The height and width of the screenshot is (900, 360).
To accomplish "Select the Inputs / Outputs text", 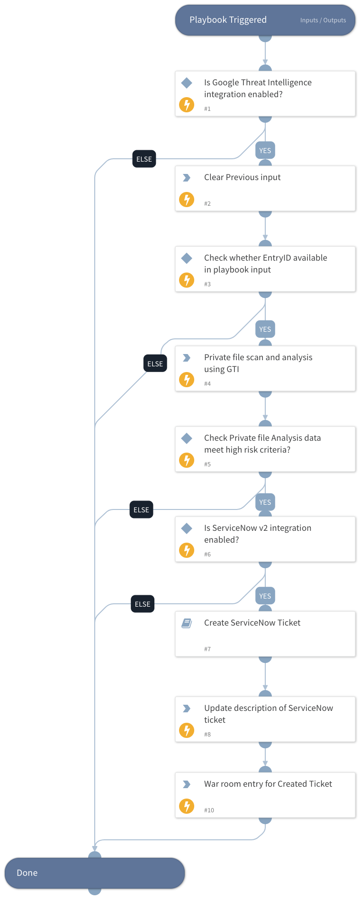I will click(x=323, y=20).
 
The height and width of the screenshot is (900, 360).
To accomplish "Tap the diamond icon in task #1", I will click(x=187, y=83).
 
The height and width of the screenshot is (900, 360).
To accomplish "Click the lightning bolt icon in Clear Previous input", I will click(x=187, y=200).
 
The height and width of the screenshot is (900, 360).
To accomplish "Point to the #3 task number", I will click(x=207, y=284).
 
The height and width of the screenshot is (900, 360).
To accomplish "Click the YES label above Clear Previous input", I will click(x=265, y=151).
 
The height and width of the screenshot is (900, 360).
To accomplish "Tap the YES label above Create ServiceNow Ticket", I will click(x=265, y=596).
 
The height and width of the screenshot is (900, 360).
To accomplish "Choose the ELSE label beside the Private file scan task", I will click(x=155, y=364).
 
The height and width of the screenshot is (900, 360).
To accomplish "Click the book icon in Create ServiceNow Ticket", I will click(x=187, y=623).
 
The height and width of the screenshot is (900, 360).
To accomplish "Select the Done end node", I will click(x=95, y=873).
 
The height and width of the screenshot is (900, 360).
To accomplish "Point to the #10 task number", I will click(x=209, y=810).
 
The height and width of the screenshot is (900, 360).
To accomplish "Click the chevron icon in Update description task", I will click(x=187, y=709).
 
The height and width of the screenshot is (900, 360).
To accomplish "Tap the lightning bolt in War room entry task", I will click(x=187, y=806).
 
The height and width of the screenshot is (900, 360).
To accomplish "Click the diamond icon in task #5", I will click(x=187, y=438).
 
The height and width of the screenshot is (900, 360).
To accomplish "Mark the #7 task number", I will click(x=207, y=649).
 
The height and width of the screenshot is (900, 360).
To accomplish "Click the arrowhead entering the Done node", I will click(x=95, y=848).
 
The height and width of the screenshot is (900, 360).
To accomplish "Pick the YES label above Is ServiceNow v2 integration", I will click(x=265, y=502).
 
